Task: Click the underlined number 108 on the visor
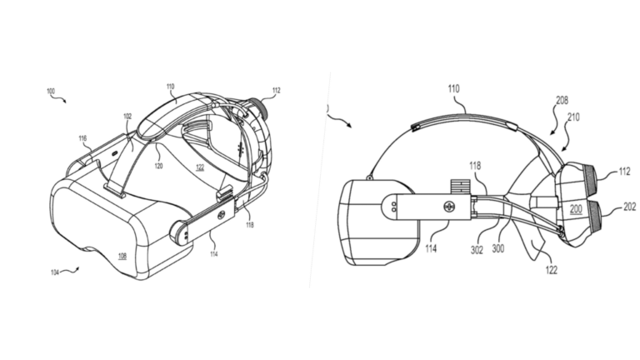point(122,257)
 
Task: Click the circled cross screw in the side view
point(447,205)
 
